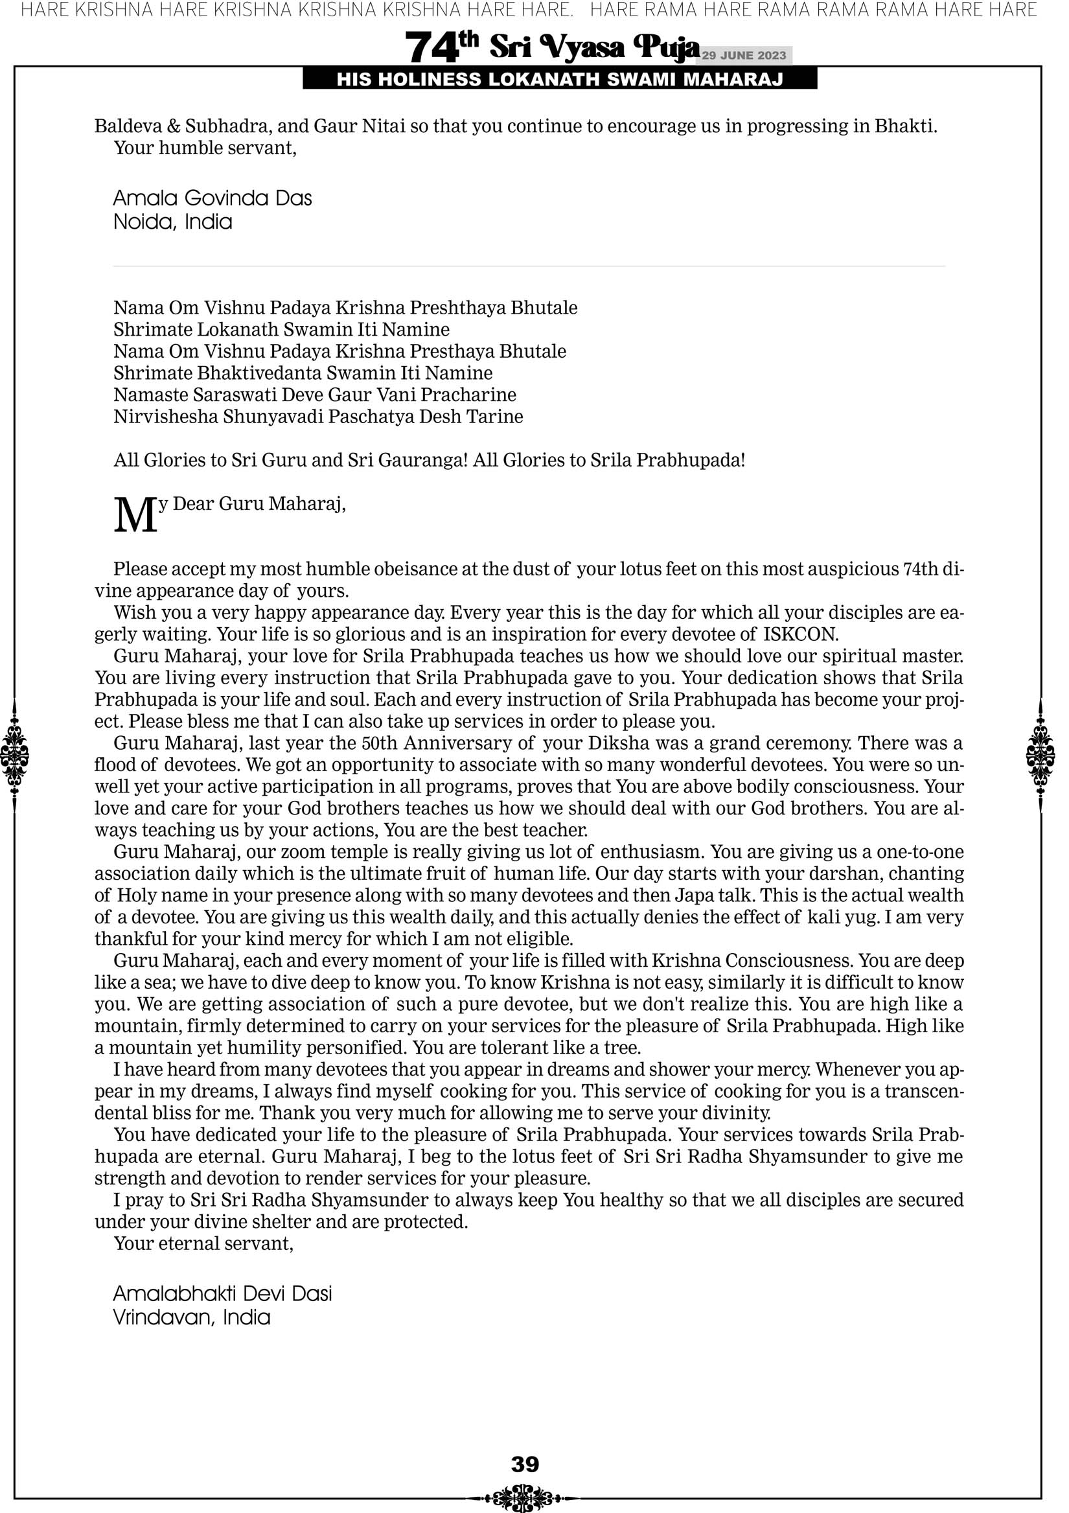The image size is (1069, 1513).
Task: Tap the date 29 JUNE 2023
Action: click(743, 55)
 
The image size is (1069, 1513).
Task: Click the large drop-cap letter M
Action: click(136, 515)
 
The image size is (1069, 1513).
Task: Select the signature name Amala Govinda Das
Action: click(213, 198)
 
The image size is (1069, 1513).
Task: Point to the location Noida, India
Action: click(173, 222)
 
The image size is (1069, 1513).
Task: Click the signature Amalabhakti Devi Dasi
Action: click(223, 1293)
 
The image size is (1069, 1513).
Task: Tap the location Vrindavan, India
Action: click(192, 1317)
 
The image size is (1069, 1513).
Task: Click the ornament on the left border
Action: click(14, 755)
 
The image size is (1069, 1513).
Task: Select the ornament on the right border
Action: click(1040, 755)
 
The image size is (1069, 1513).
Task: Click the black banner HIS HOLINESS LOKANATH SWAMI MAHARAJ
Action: click(560, 80)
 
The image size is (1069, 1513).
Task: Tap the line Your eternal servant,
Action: click(203, 1243)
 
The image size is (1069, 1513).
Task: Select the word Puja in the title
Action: click(666, 47)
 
